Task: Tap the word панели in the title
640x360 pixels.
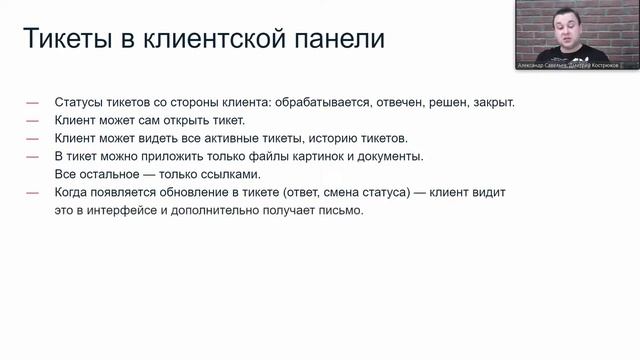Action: tap(336, 41)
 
